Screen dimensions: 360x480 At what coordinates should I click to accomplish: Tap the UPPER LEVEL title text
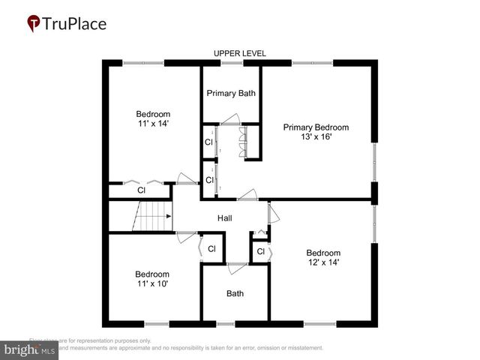click(x=240, y=53)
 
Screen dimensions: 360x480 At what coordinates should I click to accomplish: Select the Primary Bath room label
click(x=231, y=94)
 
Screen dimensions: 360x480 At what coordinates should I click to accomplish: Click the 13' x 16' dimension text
click(x=316, y=137)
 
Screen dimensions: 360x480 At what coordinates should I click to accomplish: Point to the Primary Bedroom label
click(x=316, y=127)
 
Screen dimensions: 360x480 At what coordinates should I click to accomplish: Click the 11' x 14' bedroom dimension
click(x=153, y=124)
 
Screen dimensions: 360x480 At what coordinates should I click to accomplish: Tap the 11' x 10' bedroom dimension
click(x=152, y=284)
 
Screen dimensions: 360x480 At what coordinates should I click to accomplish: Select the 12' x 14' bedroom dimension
click(x=323, y=263)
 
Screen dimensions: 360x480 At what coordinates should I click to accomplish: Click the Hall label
click(x=225, y=218)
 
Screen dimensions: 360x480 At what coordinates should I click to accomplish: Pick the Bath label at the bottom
click(x=235, y=293)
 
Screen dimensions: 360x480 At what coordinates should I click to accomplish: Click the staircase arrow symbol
click(x=169, y=216)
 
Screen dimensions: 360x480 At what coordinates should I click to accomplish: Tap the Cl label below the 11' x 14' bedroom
click(x=140, y=190)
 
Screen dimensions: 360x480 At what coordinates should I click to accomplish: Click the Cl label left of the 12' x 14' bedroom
click(x=260, y=252)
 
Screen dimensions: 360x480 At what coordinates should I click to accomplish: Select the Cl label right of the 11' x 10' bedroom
click(x=211, y=249)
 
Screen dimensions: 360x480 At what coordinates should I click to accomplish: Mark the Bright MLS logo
click(x=30, y=349)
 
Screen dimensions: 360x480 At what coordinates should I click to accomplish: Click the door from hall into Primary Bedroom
click(x=247, y=196)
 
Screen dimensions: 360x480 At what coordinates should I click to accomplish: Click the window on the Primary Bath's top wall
click(x=231, y=63)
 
